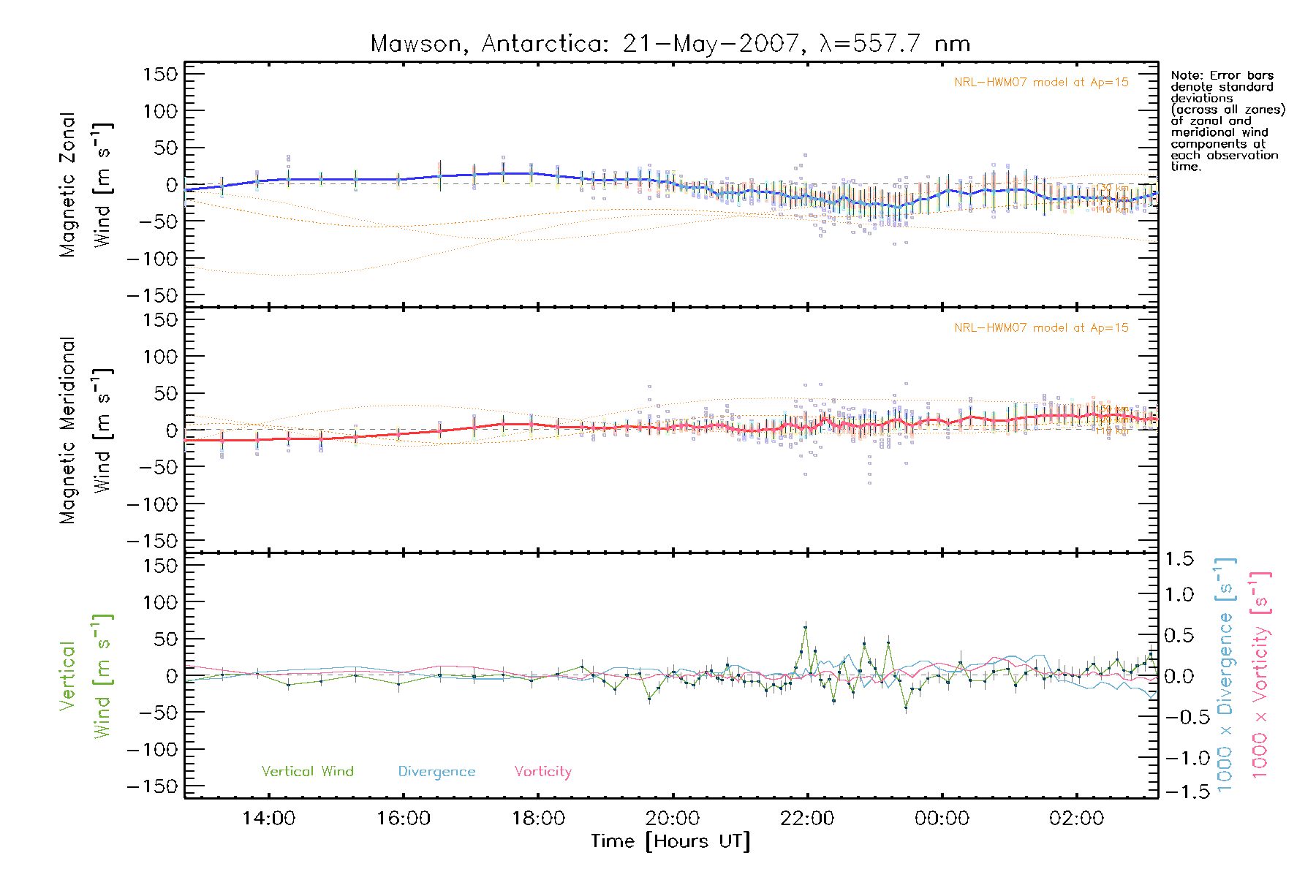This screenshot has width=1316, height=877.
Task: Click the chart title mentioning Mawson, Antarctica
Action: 670,44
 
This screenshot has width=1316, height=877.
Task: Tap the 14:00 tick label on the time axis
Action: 268,819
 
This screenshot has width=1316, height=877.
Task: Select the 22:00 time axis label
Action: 807,819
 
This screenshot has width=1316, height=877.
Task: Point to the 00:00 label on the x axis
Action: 942,819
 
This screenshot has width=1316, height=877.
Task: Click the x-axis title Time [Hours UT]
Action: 670,842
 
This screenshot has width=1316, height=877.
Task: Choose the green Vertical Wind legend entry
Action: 307,772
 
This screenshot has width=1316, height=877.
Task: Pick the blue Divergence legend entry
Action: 436,772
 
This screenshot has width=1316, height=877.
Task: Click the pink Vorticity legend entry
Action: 542,772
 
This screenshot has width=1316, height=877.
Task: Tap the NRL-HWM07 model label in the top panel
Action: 1041,83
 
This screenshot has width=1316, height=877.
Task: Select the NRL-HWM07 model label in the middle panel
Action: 1041,328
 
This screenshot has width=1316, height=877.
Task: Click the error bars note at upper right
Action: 1227,121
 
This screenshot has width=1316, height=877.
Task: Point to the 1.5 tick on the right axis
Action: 1179,559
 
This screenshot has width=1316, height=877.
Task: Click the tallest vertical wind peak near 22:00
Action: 806,627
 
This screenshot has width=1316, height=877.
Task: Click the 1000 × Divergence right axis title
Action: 1225,675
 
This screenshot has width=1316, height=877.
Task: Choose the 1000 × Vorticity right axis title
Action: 1260,675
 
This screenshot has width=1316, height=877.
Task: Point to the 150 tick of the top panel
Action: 161,75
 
